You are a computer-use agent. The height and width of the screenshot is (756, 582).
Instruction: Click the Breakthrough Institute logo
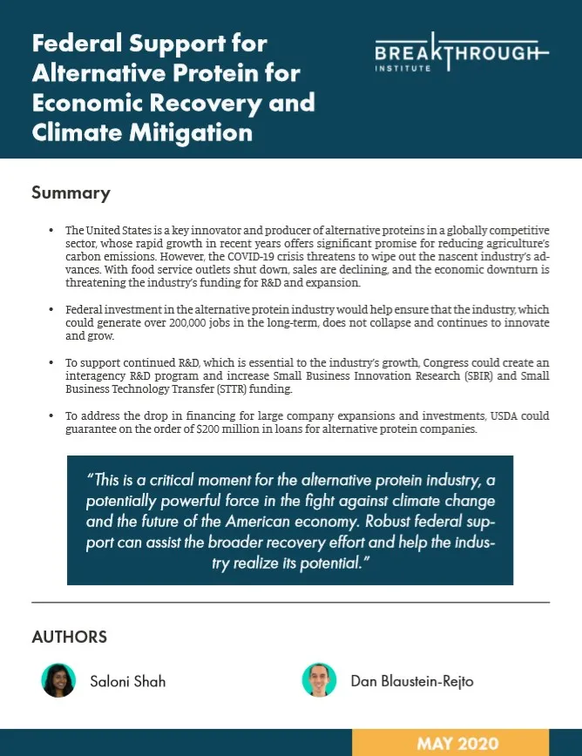(462, 56)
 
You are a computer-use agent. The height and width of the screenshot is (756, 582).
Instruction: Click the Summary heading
(71, 192)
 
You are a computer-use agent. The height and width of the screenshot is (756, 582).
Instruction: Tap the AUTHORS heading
(69, 637)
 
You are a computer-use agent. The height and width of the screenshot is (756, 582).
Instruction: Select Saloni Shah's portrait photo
(58, 680)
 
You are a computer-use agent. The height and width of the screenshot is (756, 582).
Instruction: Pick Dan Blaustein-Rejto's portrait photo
(320, 680)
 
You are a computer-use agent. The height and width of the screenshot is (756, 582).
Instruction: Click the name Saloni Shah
(127, 681)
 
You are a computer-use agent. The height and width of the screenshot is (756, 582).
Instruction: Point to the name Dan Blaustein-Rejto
(412, 681)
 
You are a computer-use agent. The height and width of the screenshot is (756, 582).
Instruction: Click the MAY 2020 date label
(457, 743)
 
